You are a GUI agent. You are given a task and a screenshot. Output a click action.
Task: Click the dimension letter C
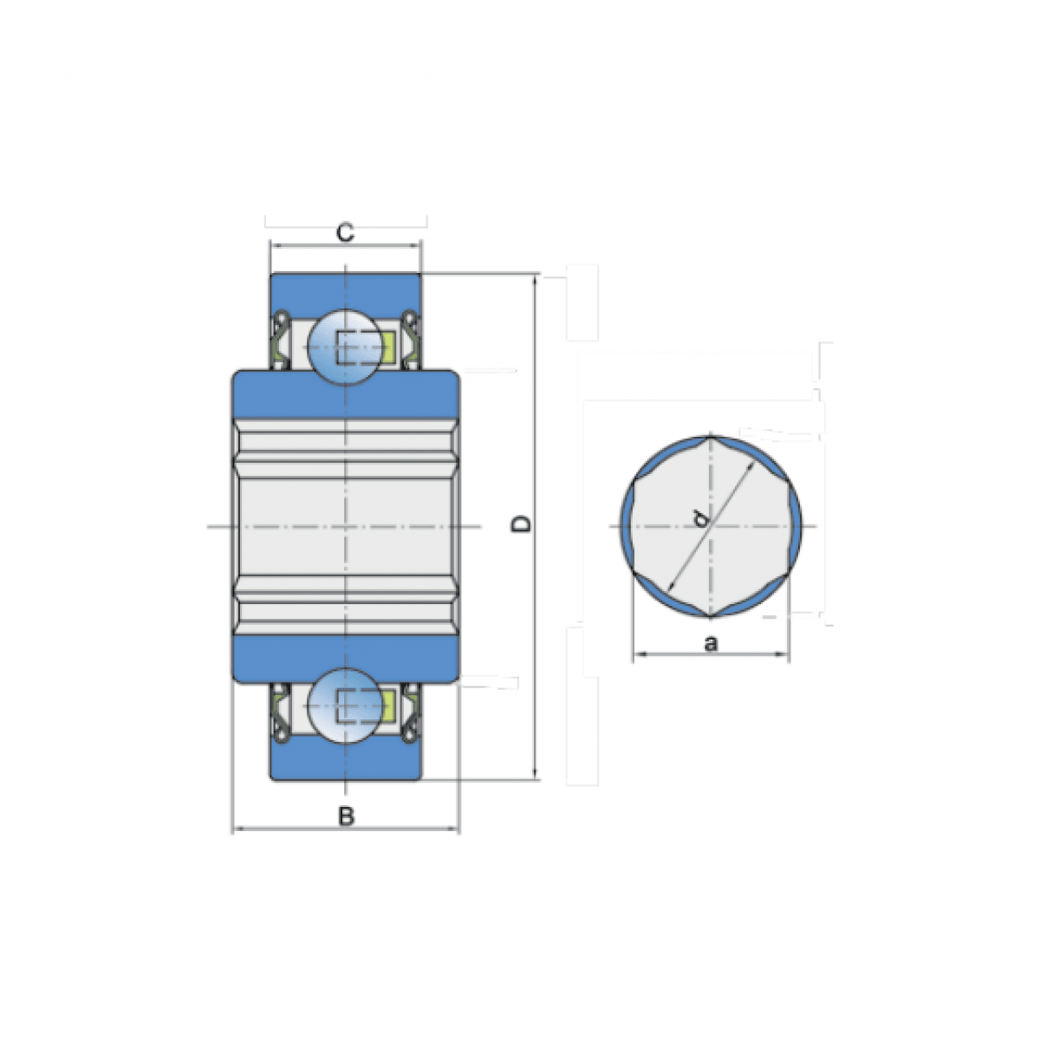point(345,233)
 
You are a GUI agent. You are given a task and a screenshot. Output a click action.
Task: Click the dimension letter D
point(522,524)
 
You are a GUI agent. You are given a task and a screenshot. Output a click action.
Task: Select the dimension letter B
point(346,816)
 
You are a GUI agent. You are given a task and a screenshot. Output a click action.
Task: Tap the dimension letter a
point(712,643)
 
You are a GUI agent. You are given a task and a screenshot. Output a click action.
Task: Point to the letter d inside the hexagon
point(700,518)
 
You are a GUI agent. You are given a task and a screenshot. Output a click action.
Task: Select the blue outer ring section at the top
point(346,291)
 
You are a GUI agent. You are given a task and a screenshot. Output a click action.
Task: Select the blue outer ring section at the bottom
point(346,761)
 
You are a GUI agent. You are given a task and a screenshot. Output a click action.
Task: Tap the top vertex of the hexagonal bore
point(711,436)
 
